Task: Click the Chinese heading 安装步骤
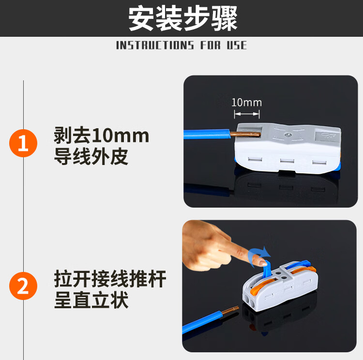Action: tap(183, 18)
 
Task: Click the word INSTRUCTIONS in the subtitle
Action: tap(155, 45)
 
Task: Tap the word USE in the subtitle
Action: tap(237, 45)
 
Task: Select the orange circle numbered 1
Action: tap(23, 143)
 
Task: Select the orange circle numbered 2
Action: tap(23, 286)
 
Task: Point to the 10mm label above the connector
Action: tap(246, 102)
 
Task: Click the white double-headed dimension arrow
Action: tap(247, 114)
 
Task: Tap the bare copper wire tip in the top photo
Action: tap(245, 135)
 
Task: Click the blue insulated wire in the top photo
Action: tap(207, 134)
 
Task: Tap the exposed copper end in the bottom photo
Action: tap(230, 310)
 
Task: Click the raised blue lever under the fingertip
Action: tap(267, 269)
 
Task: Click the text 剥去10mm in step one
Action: tap(102, 135)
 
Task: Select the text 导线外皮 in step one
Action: tap(91, 156)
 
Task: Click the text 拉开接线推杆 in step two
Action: tap(110, 279)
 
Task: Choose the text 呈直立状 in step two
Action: tap(91, 300)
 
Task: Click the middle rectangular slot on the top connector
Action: tap(287, 161)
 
